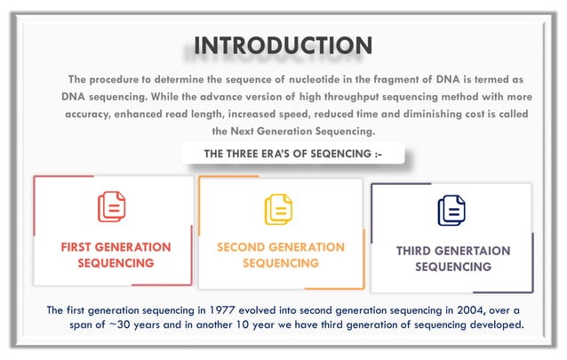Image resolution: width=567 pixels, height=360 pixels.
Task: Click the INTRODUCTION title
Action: coord(283,45)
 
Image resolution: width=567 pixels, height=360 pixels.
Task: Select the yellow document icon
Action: coord(278,209)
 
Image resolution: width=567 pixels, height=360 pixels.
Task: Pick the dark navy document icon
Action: coord(451,211)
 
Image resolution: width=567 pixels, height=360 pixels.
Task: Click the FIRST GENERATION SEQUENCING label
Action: coord(116,254)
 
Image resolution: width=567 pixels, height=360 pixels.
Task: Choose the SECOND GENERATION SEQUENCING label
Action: coord(281,254)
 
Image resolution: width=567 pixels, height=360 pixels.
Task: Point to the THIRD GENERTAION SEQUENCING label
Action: coord(453,259)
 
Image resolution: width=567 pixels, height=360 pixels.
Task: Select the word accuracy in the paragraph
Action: coord(92,114)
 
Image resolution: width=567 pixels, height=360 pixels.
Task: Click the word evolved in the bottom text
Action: coord(277,310)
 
